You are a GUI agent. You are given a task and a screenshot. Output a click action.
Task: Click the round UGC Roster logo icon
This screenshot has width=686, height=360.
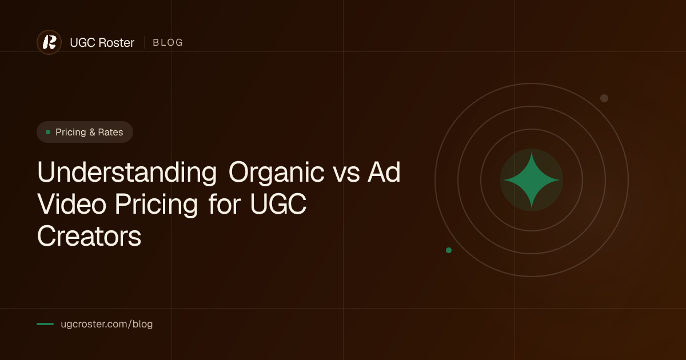click(x=49, y=42)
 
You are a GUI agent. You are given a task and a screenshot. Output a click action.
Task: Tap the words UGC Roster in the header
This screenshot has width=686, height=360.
click(x=102, y=42)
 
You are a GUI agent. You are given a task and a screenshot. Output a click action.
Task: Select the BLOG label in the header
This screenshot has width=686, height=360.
click(x=168, y=42)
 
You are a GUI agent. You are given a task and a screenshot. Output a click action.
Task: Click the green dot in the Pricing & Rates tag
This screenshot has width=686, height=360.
click(x=48, y=132)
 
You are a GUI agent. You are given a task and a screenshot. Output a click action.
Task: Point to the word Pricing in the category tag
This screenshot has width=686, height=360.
click(x=71, y=132)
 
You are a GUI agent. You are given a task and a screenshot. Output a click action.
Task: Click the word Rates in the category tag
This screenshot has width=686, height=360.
click(x=110, y=132)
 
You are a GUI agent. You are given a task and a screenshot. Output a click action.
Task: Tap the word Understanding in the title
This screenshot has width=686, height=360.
click(x=127, y=172)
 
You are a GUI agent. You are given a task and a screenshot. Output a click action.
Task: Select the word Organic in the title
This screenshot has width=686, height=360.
click(x=276, y=173)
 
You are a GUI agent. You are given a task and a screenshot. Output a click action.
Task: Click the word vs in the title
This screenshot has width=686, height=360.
click(x=346, y=175)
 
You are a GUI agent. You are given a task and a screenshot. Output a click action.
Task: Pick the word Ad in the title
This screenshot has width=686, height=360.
click(x=384, y=172)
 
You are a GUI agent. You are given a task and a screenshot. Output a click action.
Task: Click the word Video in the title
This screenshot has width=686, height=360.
click(x=71, y=204)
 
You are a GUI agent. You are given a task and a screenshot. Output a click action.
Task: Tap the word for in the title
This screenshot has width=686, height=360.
click(x=225, y=204)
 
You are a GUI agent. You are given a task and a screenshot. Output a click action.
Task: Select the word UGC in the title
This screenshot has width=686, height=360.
click(x=278, y=204)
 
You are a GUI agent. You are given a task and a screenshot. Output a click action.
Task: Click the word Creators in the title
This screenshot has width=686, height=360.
click(x=89, y=236)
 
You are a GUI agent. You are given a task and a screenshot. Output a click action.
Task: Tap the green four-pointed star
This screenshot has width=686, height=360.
click(x=532, y=180)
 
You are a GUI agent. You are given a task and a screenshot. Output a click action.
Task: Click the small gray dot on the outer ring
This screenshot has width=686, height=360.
click(x=604, y=98)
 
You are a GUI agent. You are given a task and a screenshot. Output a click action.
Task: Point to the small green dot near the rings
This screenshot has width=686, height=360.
click(x=449, y=250)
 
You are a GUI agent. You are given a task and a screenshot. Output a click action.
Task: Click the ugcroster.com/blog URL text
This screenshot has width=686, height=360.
click(x=106, y=324)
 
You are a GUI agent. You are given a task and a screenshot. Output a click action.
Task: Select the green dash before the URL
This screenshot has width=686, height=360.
click(x=45, y=324)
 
